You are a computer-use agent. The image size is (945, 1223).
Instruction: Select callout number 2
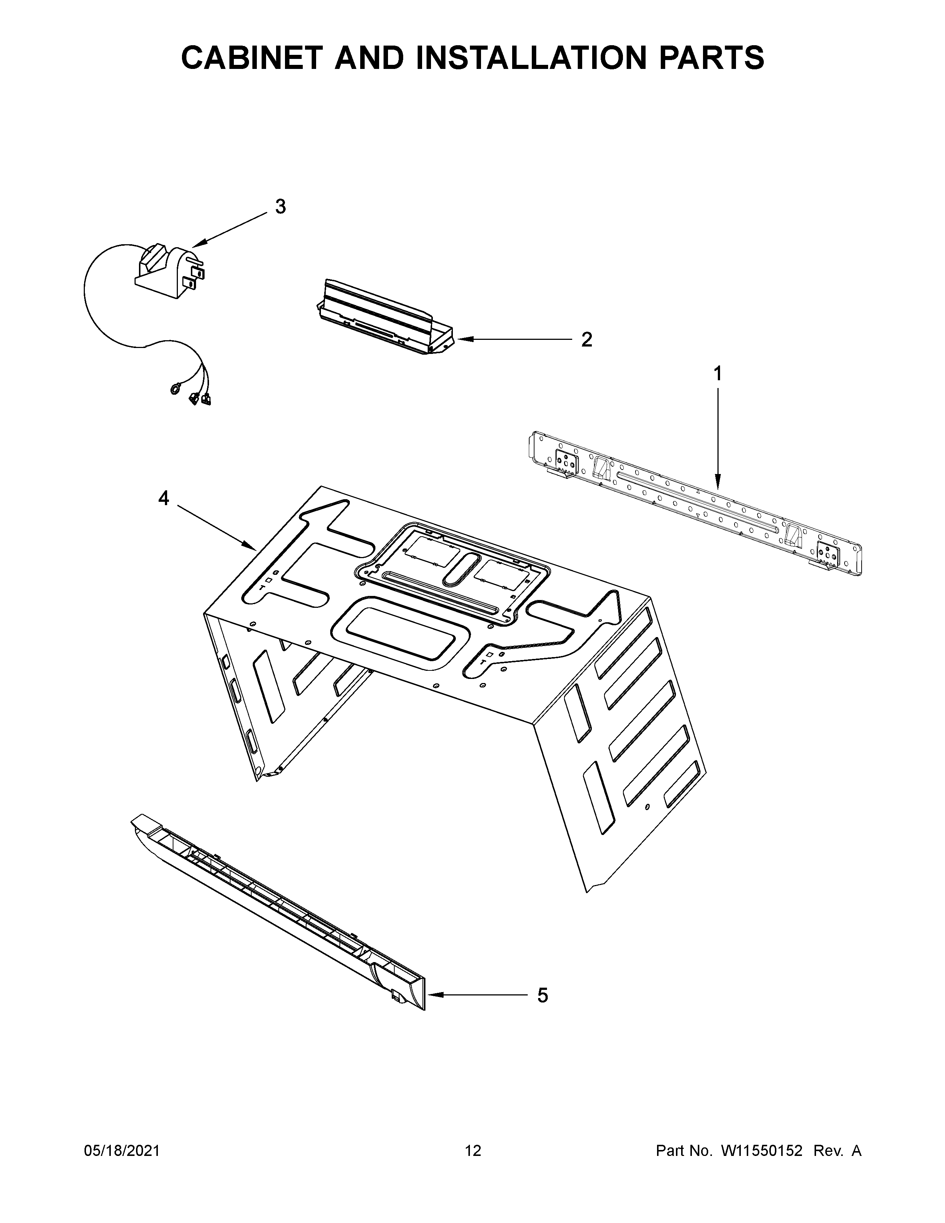tap(586, 339)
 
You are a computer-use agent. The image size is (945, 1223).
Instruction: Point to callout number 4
tap(163, 497)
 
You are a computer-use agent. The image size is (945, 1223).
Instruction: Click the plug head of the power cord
tap(168, 267)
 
